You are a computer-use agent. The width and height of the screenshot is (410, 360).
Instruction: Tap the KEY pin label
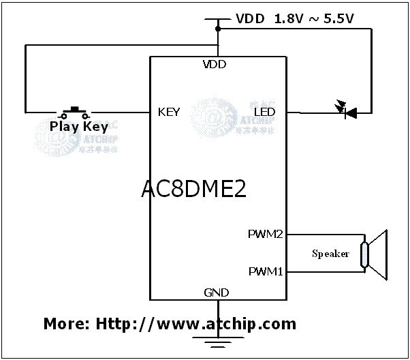(x=168, y=112)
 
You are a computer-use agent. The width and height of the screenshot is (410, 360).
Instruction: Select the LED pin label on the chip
(x=264, y=112)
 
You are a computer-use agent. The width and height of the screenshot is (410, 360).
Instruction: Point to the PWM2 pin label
(x=265, y=235)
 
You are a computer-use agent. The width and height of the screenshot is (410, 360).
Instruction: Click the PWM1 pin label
(x=265, y=271)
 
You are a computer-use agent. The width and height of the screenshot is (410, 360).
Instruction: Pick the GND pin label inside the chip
(x=216, y=292)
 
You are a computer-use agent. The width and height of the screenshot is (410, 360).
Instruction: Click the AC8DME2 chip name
(x=193, y=189)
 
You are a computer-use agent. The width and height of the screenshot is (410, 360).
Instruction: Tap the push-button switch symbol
(x=75, y=110)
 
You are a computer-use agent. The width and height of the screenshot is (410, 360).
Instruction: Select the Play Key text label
(x=78, y=126)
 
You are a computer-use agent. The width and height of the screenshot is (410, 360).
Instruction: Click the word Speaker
(x=330, y=254)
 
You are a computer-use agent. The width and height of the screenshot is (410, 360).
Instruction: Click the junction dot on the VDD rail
(x=218, y=29)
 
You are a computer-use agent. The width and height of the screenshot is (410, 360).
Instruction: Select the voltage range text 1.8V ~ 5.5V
(x=314, y=19)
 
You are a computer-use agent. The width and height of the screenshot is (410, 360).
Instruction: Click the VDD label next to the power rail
(x=251, y=19)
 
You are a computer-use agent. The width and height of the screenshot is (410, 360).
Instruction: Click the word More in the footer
(x=64, y=323)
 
